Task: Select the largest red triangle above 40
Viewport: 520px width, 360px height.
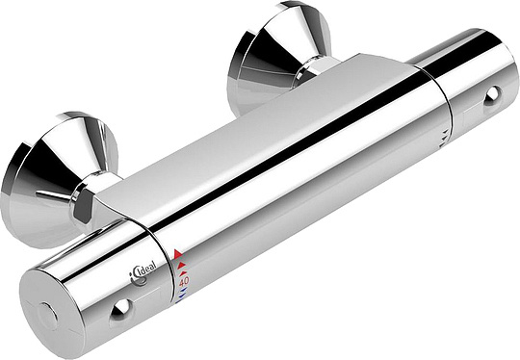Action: (178, 255)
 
